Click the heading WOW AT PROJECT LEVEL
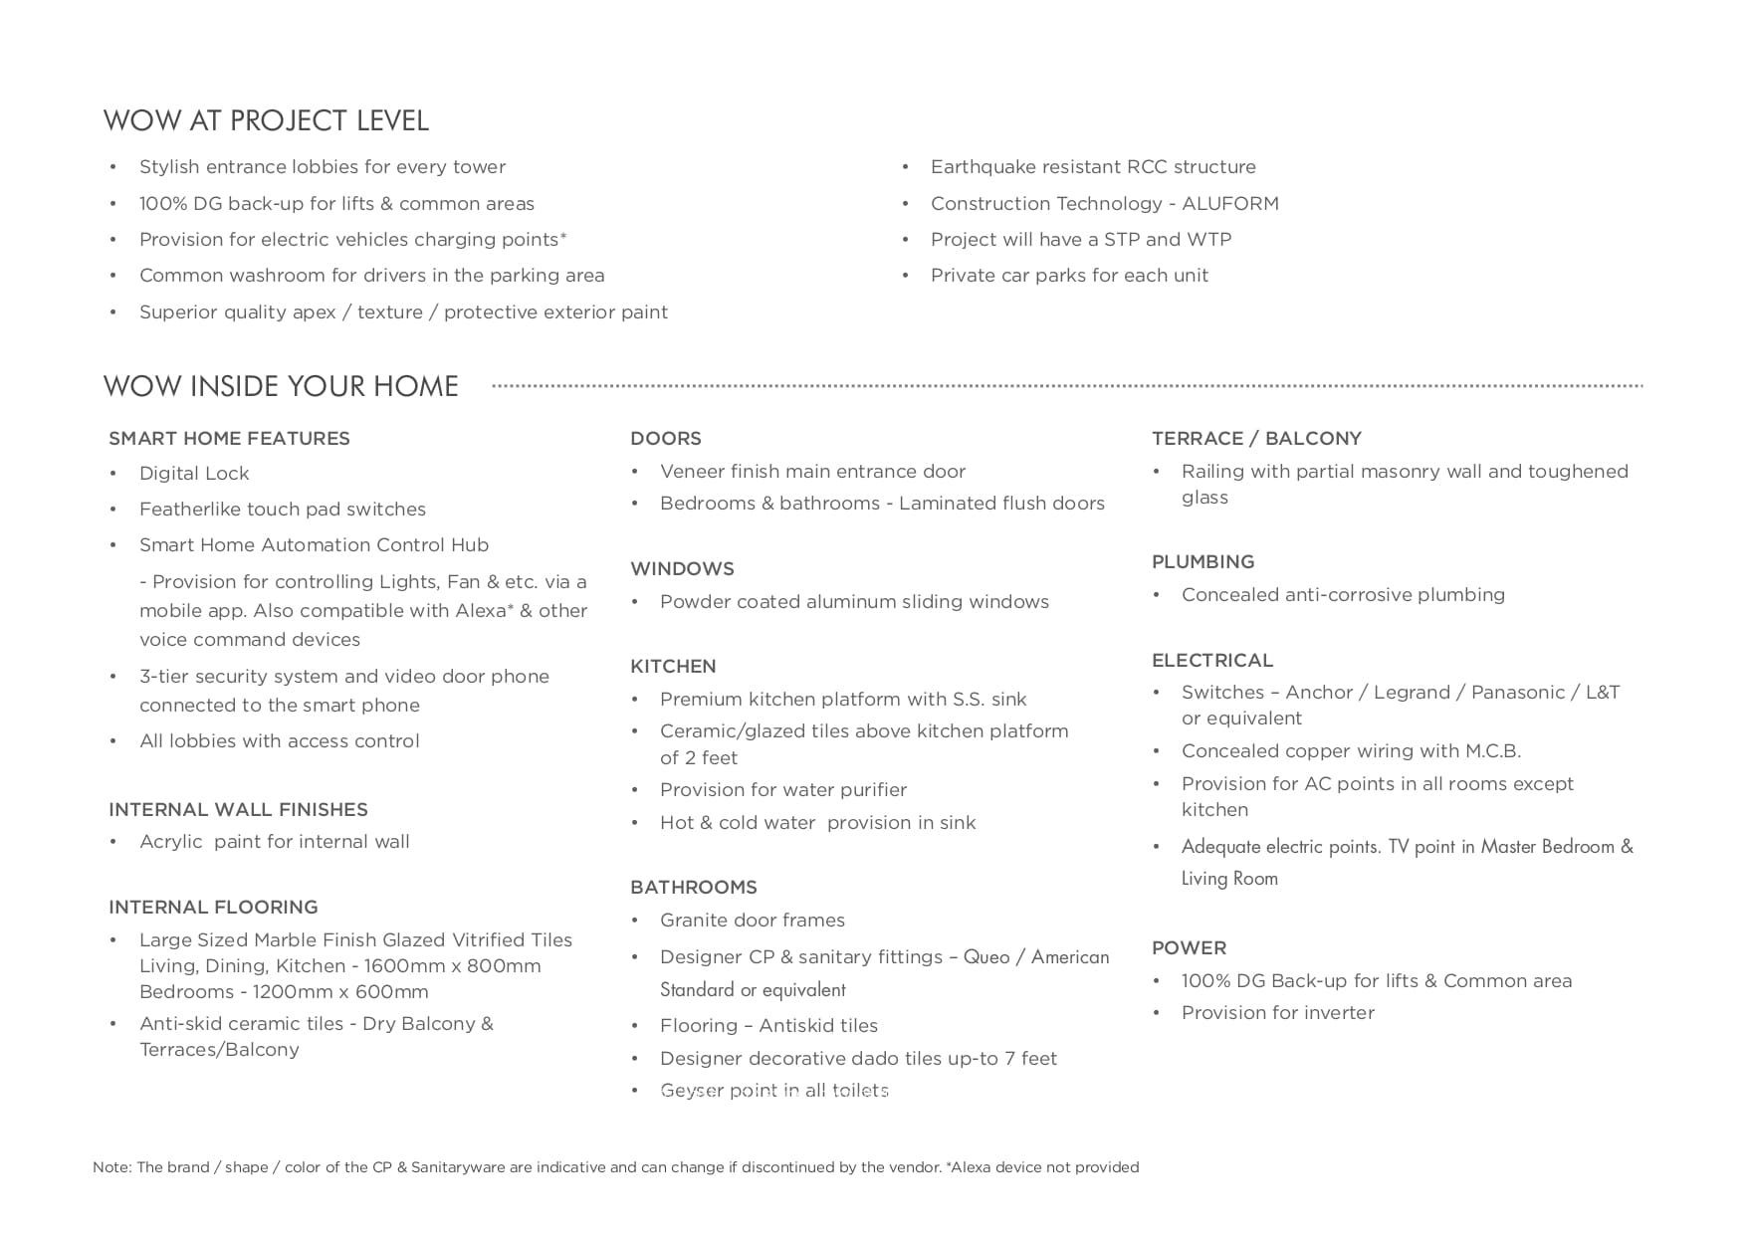click(266, 121)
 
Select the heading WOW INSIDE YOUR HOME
click(281, 386)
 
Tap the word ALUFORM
click(1229, 204)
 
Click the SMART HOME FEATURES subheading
click(229, 439)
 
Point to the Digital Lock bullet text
click(194, 474)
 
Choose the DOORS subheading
click(665, 439)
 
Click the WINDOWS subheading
click(682, 569)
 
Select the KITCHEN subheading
click(673, 667)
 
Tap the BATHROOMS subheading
click(693, 888)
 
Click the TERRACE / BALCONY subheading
click(1256, 439)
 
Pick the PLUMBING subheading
click(1202, 562)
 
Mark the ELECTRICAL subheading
click(1212, 661)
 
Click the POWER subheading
click(1189, 948)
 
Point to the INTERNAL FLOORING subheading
click(213, 908)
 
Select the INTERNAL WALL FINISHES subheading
click(238, 810)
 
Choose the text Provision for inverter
click(1277, 1013)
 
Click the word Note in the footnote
click(110, 1167)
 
